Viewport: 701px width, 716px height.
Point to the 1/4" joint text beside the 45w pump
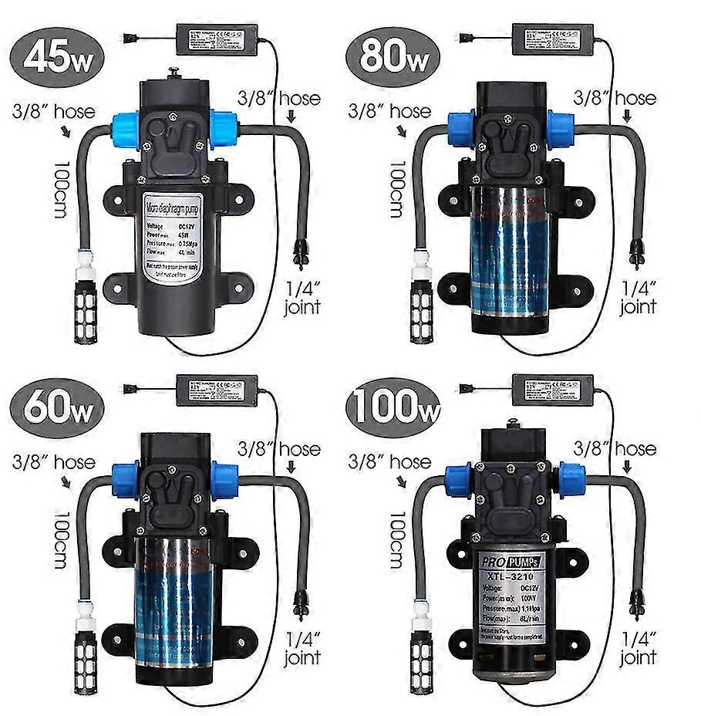click(x=302, y=297)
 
